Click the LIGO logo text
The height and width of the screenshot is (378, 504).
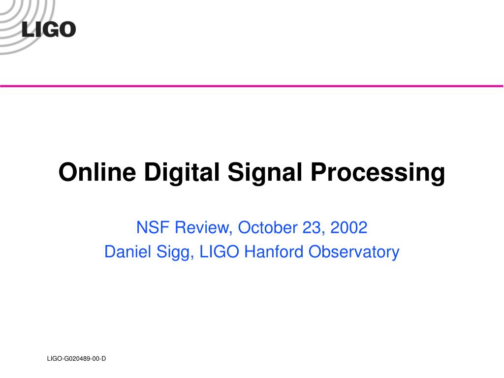click(x=49, y=29)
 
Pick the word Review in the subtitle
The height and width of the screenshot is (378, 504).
click(x=201, y=228)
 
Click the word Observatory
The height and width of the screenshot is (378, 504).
click(x=354, y=252)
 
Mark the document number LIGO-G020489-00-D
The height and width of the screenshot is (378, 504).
click(x=76, y=359)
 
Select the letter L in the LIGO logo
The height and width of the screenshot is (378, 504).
click(x=27, y=30)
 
